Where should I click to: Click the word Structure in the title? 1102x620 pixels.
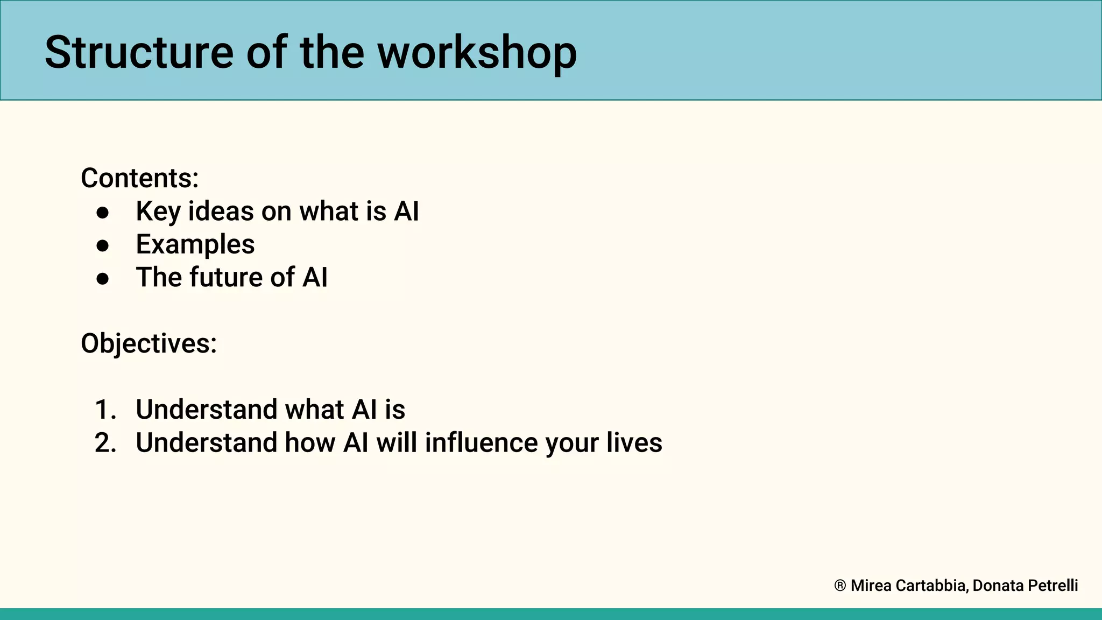(x=139, y=53)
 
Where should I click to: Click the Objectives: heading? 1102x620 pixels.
(x=149, y=343)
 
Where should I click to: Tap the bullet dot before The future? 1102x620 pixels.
(x=103, y=279)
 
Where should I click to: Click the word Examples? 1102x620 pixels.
(x=195, y=245)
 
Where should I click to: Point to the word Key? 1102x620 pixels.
(x=158, y=212)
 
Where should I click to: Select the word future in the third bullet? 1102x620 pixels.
(x=225, y=278)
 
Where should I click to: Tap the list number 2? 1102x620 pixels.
(x=105, y=443)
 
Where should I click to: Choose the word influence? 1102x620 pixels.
(x=481, y=443)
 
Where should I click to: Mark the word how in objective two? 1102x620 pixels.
(x=309, y=443)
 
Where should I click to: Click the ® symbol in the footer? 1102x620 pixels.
(x=839, y=586)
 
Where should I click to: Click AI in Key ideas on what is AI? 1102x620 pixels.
(x=406, y=212)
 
